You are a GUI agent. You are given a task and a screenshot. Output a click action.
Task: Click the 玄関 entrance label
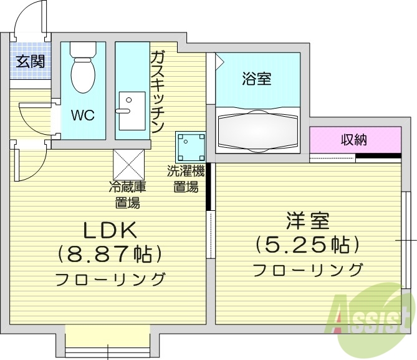(x=30, y=61)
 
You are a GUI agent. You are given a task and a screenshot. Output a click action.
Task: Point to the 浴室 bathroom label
(x=256, y=79)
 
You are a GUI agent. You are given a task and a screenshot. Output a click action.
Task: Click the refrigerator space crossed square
(x=129, y=165)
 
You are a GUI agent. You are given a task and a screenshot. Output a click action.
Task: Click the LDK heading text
(x=110, y=230)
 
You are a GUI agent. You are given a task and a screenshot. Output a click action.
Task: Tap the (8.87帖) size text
(x=110, y=254)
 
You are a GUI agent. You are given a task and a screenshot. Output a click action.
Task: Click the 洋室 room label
(x=307, y=221)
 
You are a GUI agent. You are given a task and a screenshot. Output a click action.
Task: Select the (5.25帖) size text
(x=307, y=244)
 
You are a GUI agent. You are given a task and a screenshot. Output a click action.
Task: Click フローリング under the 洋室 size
(x=307, y=270)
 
